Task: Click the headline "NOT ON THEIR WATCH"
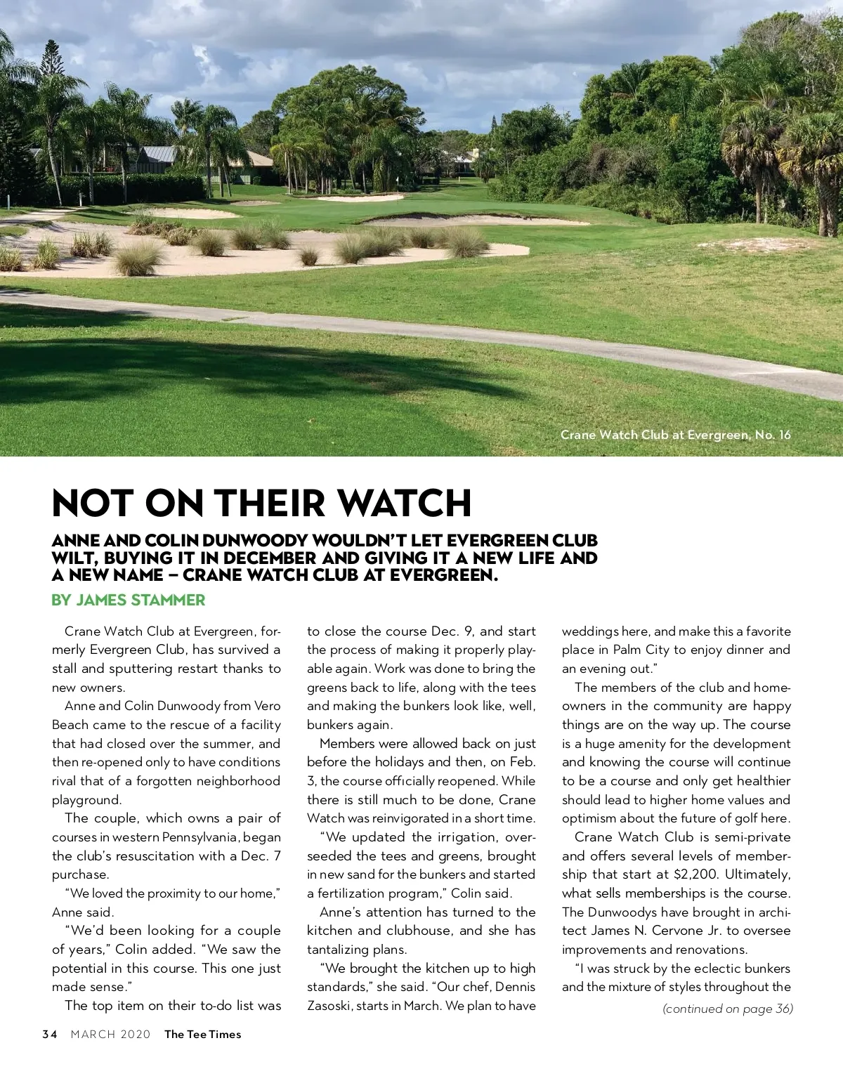pos(261,503)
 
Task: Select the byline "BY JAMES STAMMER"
pos(129,601)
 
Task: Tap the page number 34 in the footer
pos(49,1034)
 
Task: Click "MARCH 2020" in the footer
pos(110,1034)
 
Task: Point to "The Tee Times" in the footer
pos(202,1034)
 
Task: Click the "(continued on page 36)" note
pos(728,1009)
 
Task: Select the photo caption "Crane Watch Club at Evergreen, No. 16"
pos(675,435)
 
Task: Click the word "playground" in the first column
pos(85,800)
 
